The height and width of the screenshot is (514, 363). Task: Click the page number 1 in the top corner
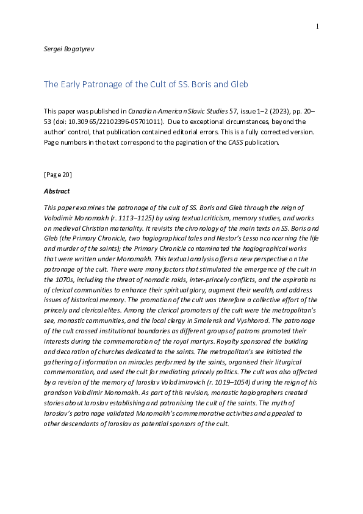coord(317,26)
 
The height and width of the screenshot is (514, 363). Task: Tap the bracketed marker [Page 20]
coord(57,175)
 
